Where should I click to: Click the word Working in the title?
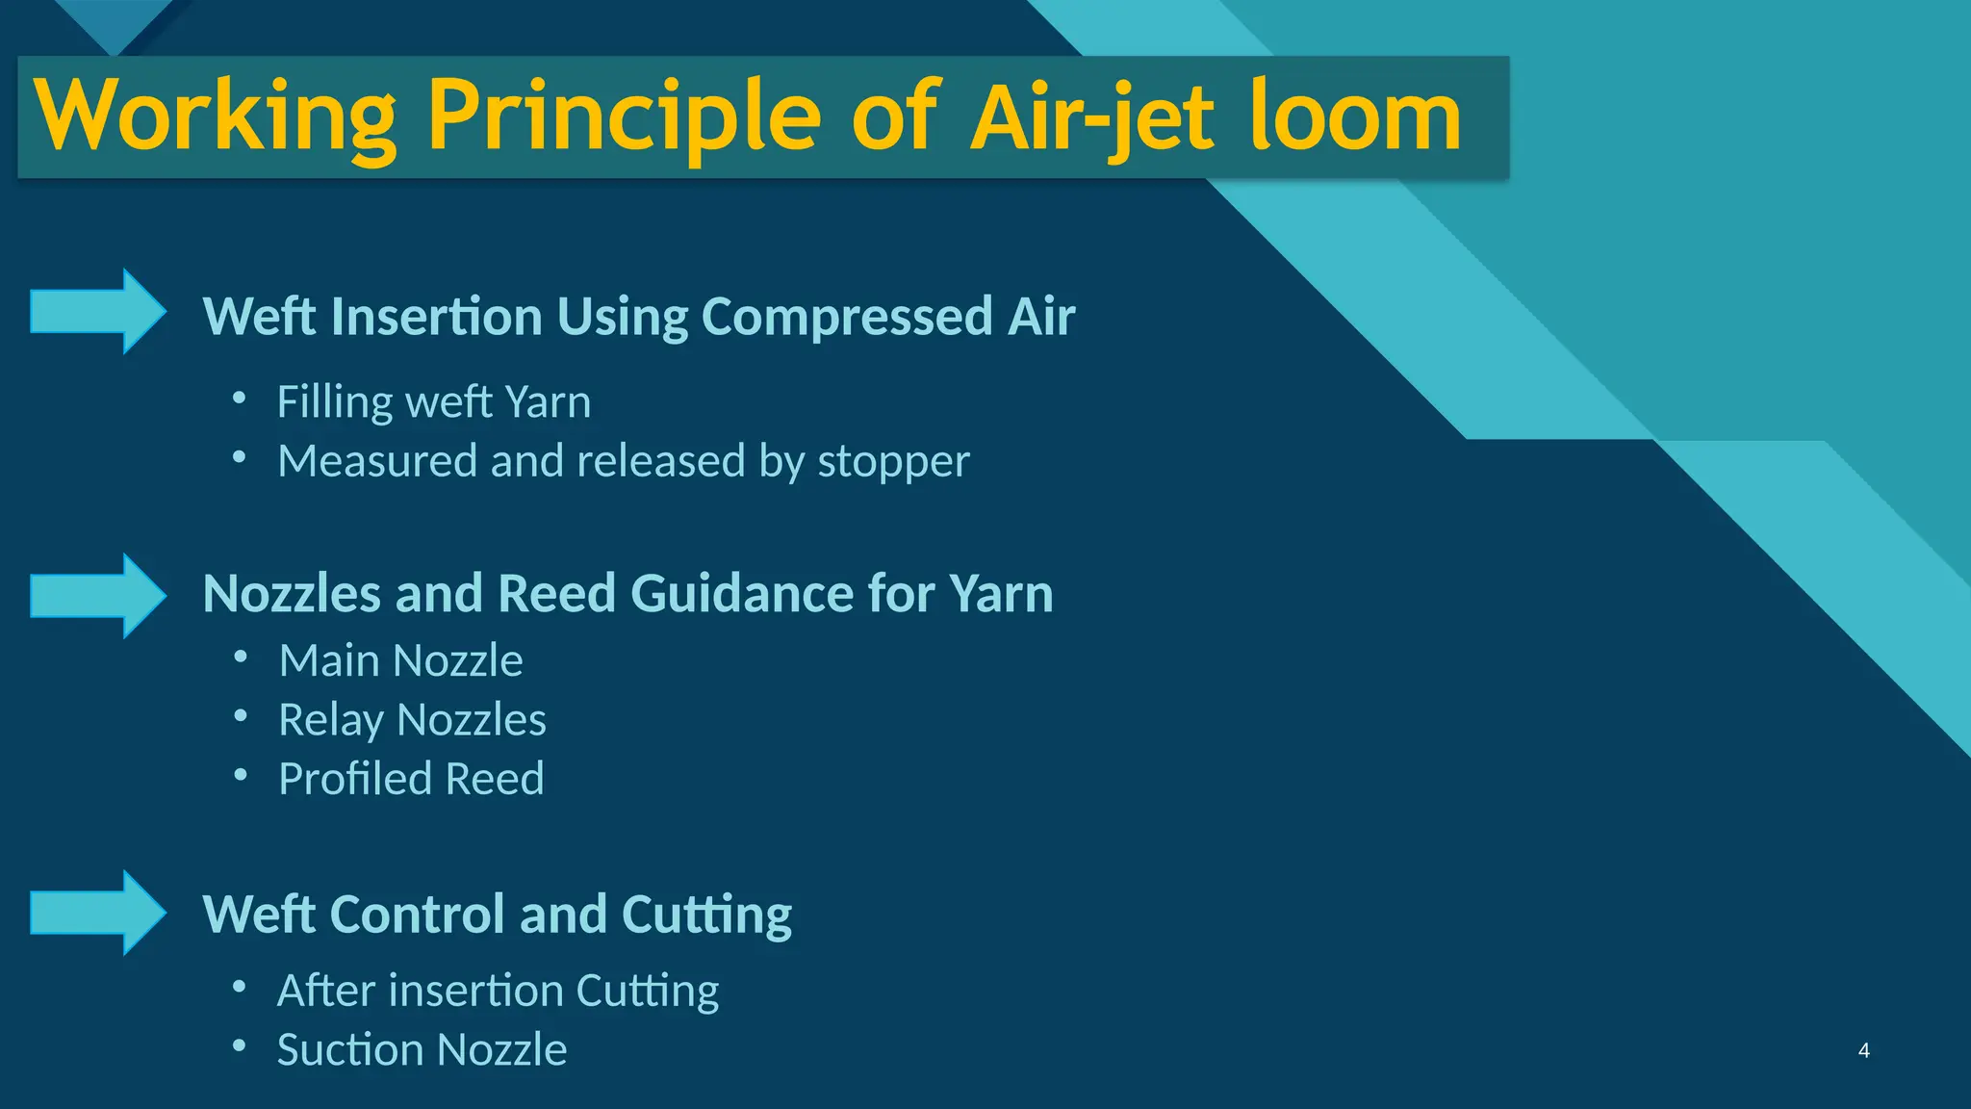point(215,117)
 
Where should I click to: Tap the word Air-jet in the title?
point(1093,117)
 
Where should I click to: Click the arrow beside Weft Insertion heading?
point(98,312)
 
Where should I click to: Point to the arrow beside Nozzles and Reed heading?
point(98,596)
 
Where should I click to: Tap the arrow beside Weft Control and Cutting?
point(98,913)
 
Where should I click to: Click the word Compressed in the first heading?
point(847,317)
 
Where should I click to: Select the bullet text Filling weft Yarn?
point(434,401)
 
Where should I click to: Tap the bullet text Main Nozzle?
point(400,660)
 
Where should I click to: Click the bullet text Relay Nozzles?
point(412,720)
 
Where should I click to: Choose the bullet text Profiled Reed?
point(411,779)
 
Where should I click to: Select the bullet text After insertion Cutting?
point(498,991)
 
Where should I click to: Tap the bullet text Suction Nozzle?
point(422,1049)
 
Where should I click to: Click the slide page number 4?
point(1864,1050)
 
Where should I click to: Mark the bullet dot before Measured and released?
point(240,458)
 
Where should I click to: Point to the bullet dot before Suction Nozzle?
point(240,1046)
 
